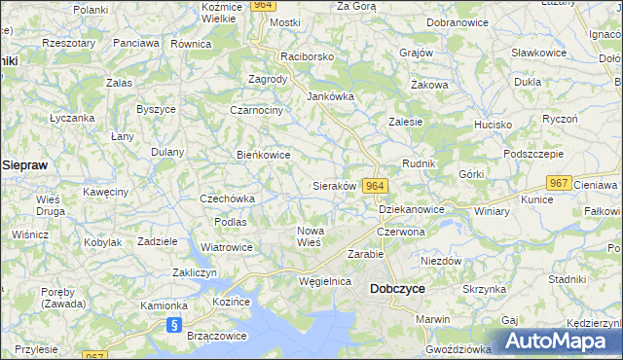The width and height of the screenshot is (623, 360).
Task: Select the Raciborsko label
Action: pos(307,56)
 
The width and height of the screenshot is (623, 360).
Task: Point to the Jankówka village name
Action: pos(330,96)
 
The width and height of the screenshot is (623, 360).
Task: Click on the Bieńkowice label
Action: pos(264,154)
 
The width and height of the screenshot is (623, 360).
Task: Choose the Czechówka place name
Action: pos(227,198)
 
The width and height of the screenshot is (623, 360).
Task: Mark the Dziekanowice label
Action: pos(411,209)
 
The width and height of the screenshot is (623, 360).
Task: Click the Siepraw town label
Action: pos(25,165)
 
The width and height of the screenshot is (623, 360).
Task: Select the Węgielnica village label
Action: pos(324,280)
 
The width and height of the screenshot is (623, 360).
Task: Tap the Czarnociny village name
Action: pos(256,110)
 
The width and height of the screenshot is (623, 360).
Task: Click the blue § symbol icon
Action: pos(174,326)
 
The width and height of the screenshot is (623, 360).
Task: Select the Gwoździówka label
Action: pos(458,347)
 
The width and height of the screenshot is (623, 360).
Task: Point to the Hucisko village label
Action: pos(493,125)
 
